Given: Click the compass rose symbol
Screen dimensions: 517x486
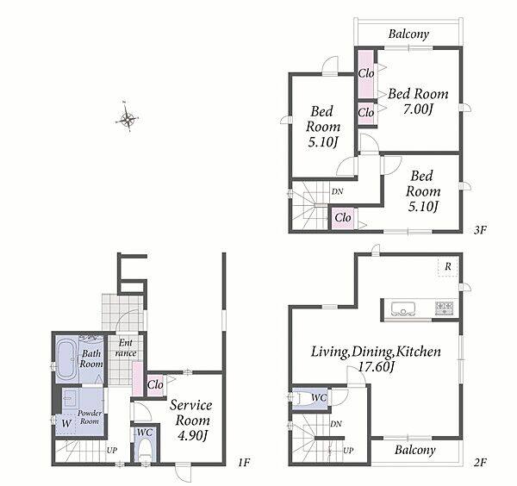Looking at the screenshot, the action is tap(128, 118).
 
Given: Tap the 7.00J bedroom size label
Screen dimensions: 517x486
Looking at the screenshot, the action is tap(417, 109).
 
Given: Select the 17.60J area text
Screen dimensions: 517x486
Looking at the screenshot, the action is tap(376, 366).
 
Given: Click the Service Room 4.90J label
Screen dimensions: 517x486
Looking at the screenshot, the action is tap(191, 420).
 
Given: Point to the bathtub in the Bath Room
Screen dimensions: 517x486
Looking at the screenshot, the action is tap(66, 359).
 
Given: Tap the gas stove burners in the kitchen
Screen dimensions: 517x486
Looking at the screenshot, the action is tap(445, 308).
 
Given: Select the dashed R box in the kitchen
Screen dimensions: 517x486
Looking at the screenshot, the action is tap(448, 267).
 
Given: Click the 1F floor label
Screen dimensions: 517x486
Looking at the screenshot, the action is tap(244, 463).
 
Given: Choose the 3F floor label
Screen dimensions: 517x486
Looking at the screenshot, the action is tap(481, 230).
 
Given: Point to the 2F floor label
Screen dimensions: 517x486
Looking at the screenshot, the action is tap(481, 463).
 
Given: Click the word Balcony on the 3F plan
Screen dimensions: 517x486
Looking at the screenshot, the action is tap(408, 34).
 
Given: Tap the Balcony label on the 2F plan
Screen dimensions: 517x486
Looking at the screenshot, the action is tap(415, 450).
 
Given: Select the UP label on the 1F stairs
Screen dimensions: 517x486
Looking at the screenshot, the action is tap(112, 450).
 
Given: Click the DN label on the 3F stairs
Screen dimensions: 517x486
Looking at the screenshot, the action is tap(337, 191).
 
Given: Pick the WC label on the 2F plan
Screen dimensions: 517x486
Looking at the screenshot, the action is tap(319, 398).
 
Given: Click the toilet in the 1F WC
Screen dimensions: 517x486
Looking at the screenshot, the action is tap(145, 451).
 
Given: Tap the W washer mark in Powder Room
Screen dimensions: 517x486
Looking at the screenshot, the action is tap(66, 423).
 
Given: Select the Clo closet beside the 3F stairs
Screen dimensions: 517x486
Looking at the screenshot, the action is tap(343, 218).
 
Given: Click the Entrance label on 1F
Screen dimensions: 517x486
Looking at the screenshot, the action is tap(126, 348).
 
